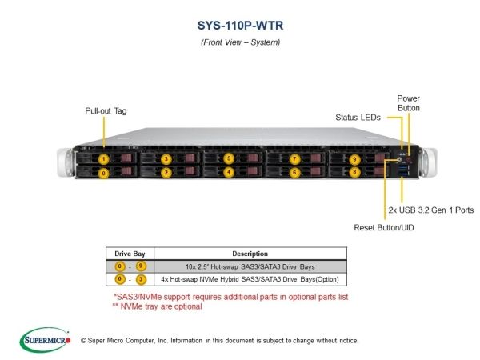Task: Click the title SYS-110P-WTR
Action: click(x=240, y=26)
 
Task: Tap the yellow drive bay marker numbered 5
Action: click(x=229, y=158)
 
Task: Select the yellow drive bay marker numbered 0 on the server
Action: click(x=103, y=174)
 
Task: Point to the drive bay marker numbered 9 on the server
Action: click(x=354, y=159)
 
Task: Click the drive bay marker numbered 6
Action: click(x=294, y=173)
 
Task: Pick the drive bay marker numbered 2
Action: click(x=166, y=173)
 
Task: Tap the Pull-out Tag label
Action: click(x=106, y=111)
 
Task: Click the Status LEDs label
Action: click(x=358, y=118)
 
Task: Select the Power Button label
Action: click(x=408, y=103)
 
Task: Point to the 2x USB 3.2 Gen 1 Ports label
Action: click(x=431, y=210)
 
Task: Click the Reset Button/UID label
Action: click(x=384, y=227)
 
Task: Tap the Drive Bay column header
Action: click(x=130, y=254)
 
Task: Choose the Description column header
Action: click(x=250, y=254)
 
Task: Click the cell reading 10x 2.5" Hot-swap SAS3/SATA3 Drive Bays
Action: click(x=250, y=266)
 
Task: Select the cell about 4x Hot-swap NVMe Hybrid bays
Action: click(x=250, y=279)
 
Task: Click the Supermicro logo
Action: click(x=45, y=340)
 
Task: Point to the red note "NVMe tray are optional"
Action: click(x=158, y=306)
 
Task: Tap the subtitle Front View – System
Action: click(x=240, y=42)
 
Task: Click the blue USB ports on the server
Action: click(x=402, y=170)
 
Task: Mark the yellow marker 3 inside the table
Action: click(x=141, y=279)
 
